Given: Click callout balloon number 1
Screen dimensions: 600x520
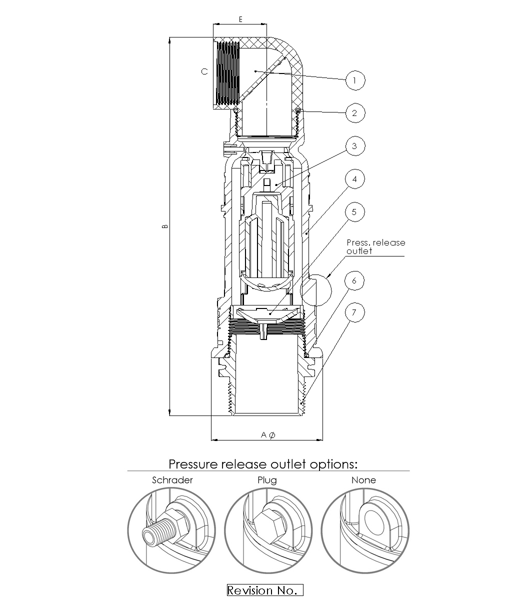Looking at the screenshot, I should point(355,80).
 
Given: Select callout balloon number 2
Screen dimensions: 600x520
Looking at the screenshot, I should point(355,113).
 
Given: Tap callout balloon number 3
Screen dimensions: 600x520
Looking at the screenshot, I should point(355,146).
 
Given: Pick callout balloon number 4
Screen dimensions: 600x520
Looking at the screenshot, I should point(355,179).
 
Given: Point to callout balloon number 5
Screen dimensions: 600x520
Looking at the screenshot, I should point(355,212).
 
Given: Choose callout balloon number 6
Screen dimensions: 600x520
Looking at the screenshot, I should point(355,280).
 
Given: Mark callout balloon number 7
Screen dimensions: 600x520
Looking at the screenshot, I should point(355,313).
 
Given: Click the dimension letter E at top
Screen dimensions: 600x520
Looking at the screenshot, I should point(240,19).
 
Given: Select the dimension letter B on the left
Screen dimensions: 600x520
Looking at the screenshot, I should point(165,226).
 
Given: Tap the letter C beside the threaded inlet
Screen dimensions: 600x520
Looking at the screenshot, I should point(204,72).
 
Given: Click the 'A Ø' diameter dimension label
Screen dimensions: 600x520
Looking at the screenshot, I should point(267,435).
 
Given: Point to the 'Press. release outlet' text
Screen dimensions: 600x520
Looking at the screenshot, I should point(375,246).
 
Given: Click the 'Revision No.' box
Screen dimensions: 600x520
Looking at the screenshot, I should point(265,590).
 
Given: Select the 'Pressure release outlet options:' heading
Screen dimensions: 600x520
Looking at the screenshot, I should point(263,464).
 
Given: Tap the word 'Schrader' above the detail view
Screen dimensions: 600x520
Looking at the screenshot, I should point(172,480).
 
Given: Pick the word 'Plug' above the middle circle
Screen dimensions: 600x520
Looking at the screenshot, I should point(267,480).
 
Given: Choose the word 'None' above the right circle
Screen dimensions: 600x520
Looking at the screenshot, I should point(363,480).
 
